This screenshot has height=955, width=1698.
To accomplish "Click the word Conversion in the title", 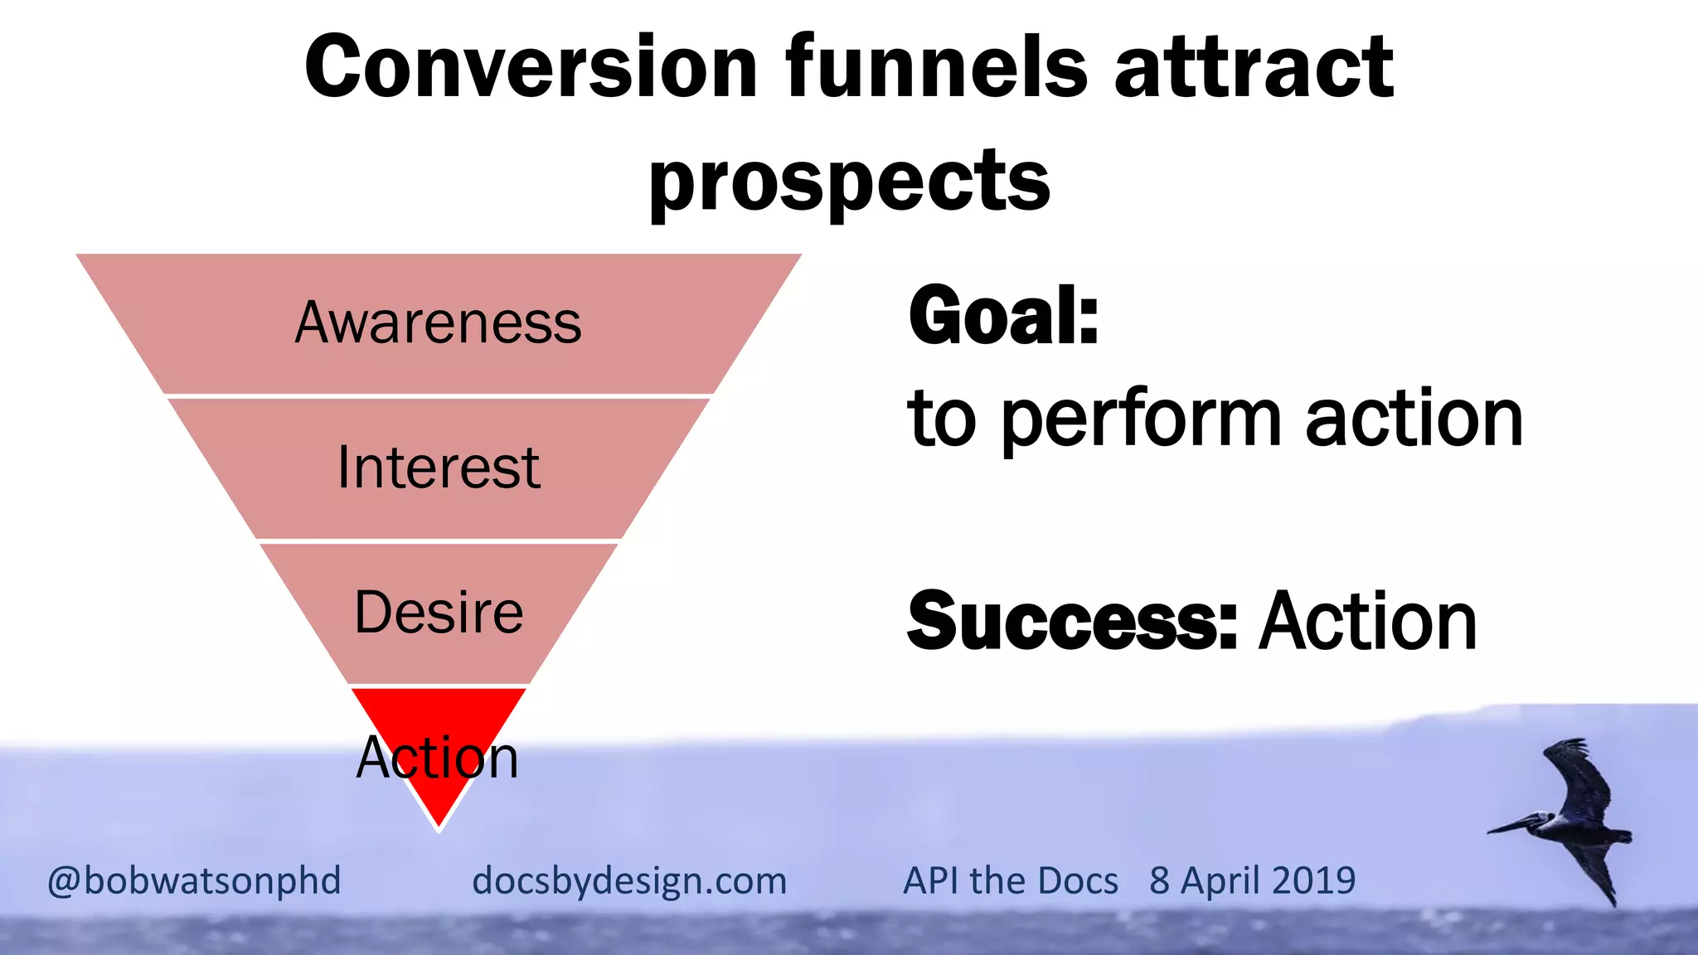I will pyautogui.click(x=531, y=68).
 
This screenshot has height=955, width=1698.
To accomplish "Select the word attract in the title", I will pyautogui.click(x=1254, y=68).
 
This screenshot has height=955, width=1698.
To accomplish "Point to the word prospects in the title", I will pyautogui.click(x=849, y=182).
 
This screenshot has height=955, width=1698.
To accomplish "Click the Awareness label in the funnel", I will pyautogui.click(x=438, y=322).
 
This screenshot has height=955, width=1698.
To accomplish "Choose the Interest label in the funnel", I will pyautogui.click(x=438, y=468).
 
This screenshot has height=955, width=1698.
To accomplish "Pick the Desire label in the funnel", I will pyautogui.click(x=438, y=613).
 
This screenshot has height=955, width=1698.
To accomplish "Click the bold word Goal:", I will pyautogui.click(x=1003, y=316).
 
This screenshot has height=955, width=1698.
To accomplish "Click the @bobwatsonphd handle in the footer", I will pyautogui.click(x=194, y=880).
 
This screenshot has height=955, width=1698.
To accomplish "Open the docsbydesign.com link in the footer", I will pyautogui.click(x=628, y=880).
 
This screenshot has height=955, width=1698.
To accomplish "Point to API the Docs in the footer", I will pyautogui.click(x=1010, y=880).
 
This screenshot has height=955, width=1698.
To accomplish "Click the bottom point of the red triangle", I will pyautogui.click(x=439, y=824).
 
